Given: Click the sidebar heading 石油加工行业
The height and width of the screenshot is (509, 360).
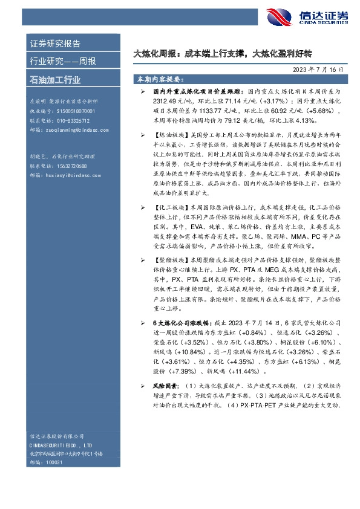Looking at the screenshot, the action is pos(55,79).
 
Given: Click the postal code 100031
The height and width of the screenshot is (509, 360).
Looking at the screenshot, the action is pos(56,461).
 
